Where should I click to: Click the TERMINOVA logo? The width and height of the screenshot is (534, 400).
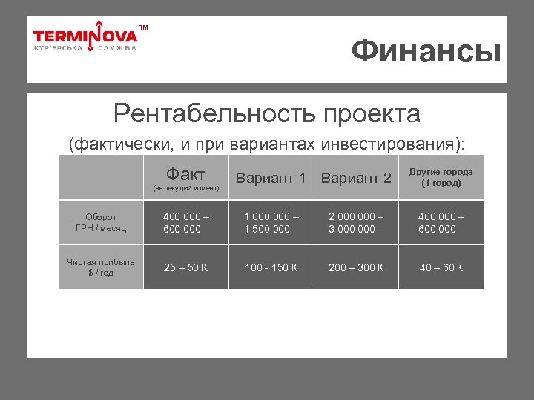point(85,38)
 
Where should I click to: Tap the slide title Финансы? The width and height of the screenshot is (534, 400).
point(426,52)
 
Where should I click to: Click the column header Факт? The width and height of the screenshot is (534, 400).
point(186,174)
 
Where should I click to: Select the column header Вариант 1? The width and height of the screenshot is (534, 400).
point(270,178)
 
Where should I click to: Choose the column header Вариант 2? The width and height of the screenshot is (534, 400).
point(356,178)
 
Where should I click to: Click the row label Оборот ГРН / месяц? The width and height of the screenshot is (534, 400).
point(101,223)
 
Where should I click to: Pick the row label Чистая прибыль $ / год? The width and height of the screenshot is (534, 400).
point(101,267)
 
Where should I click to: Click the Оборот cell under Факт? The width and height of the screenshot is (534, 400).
point(185,223)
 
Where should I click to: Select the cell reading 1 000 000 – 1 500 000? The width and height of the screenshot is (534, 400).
point(271,223)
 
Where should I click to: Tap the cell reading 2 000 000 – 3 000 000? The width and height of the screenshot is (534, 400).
point(356,223)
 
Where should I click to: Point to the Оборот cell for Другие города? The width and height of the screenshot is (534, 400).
point(441,223)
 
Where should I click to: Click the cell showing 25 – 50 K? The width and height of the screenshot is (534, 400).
point(186,267)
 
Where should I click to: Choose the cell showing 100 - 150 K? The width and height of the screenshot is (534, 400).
point(271,267)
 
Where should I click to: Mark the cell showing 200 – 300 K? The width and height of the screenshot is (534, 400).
point(356,267)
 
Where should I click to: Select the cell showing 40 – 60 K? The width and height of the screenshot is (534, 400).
point(441,267)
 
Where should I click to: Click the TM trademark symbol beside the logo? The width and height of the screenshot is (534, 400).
point(144,28)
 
